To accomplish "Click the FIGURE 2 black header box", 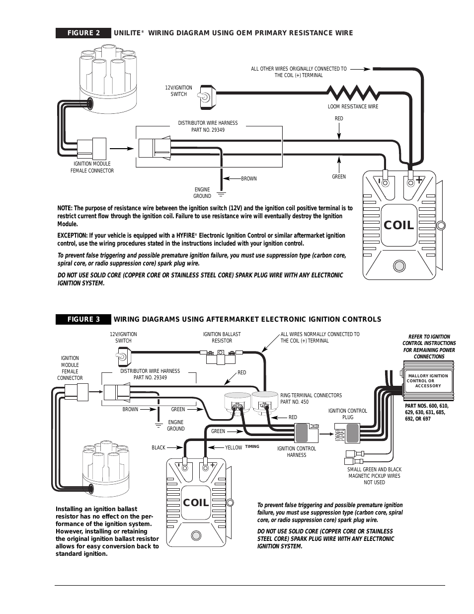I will (x=83, y=33).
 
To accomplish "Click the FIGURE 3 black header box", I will (x=83, y=319).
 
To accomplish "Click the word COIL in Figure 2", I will (x=398, y=225).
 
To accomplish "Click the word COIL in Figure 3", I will (x=196, y=503).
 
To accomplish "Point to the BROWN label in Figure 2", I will (x=248, y=178).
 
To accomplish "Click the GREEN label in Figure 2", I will (x=338, y=176).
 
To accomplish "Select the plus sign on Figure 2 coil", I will (x=419, y=180).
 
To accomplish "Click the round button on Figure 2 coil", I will (x=398, y=265).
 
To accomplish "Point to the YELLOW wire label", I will (x=234, y=447).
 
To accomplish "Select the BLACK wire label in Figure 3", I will (x=158, y=447).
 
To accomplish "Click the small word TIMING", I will (x=252, y=446).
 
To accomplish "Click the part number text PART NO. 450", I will (x=294, y=402).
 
